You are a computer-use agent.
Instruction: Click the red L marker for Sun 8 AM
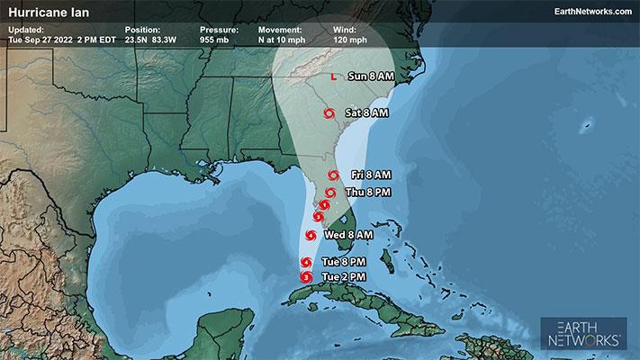333,77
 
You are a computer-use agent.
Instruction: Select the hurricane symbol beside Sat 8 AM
329,113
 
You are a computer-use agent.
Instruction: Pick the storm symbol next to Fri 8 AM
333,175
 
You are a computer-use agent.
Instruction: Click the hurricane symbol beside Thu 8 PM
330,193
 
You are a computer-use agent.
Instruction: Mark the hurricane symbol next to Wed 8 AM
311,236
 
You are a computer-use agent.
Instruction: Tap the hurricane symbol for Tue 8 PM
307,263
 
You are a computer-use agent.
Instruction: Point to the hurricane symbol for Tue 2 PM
307,277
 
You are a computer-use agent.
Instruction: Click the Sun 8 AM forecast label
370,77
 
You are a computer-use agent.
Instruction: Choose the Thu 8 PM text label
366,193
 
